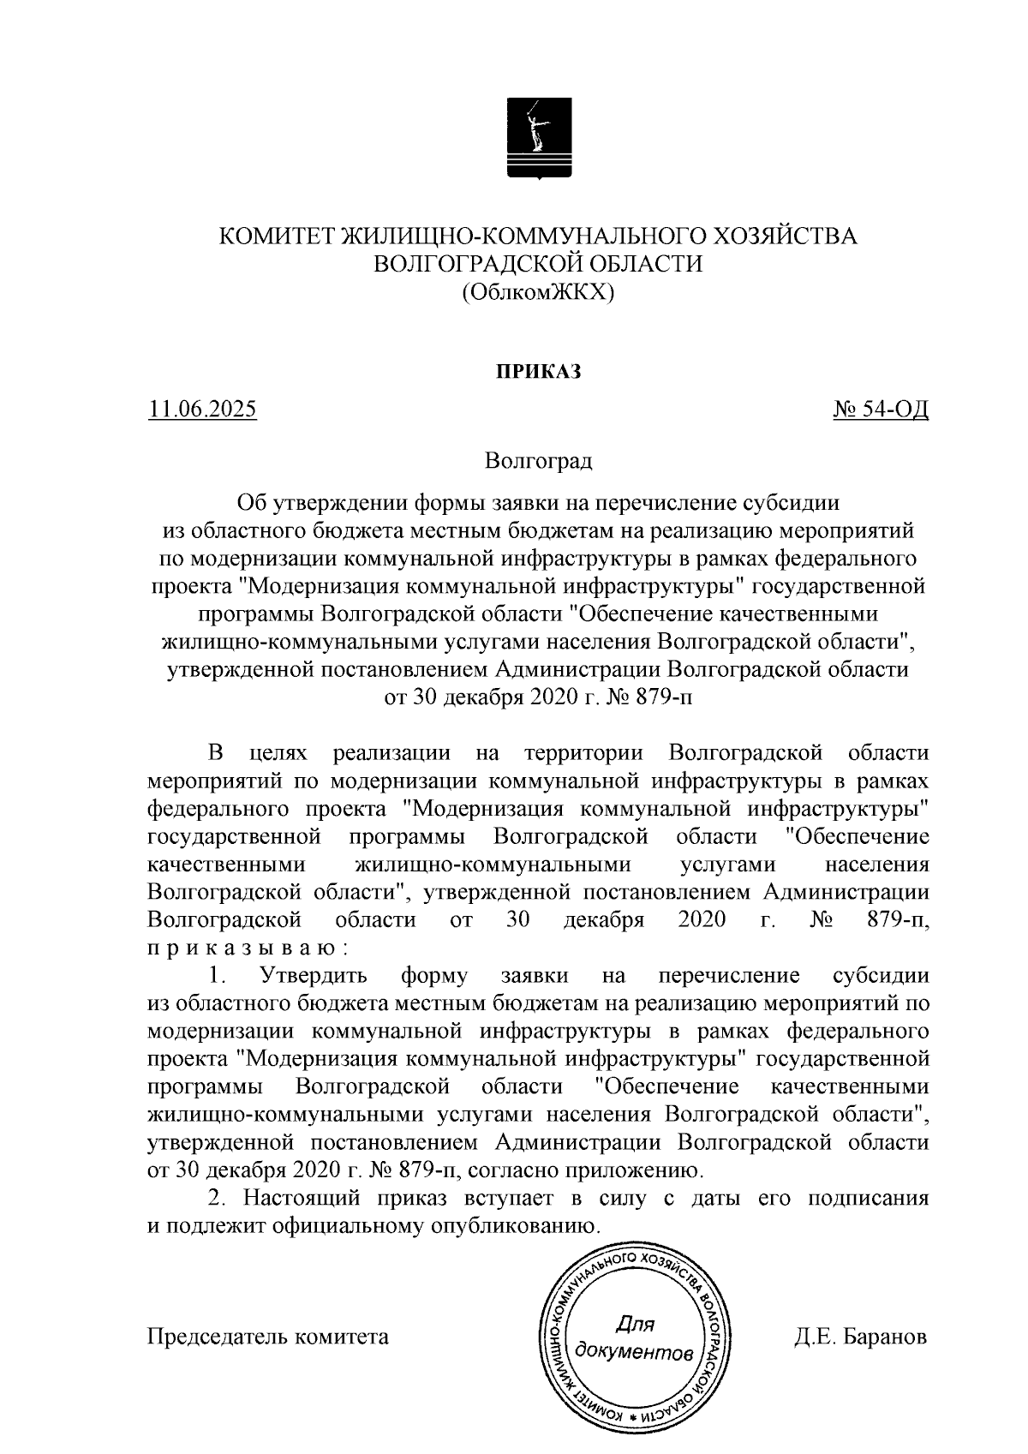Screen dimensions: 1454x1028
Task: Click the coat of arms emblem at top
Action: coord(539,136)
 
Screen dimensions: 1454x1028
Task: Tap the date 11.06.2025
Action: coord(203,410)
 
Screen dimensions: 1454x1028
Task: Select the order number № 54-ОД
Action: coord(882,410)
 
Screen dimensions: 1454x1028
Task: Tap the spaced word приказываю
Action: coord(248,948)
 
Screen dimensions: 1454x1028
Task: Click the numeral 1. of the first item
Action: coord(217,976)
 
